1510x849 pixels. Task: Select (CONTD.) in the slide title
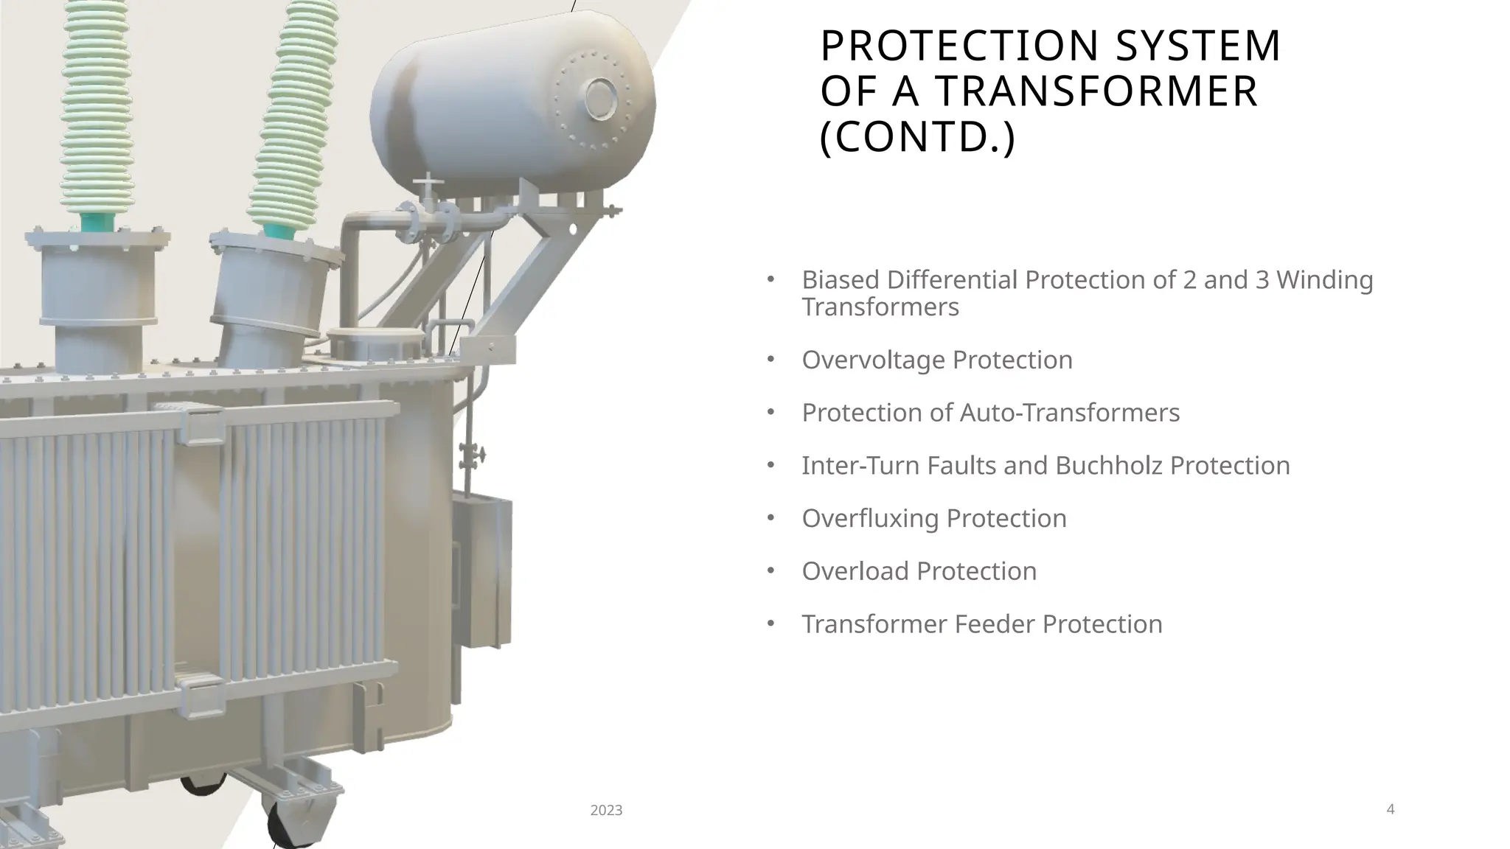pyautogui.click(x=918, y=137)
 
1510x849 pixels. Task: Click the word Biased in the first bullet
pyautogui.click(x=841, y=280)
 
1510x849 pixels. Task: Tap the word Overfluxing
pyautogui.click(x=870, y=519)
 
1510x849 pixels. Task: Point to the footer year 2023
pyautogui.click(x=606, y=811)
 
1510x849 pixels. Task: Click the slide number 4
pyautogui.click(x=1391, y=809)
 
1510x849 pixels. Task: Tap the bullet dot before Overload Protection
pyautogui.click(x=770, y=570)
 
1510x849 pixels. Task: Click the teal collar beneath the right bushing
pyautogui.click(x=277, y=229)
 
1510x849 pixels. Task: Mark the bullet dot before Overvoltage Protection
pyautogui.click(x=770, y=359)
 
